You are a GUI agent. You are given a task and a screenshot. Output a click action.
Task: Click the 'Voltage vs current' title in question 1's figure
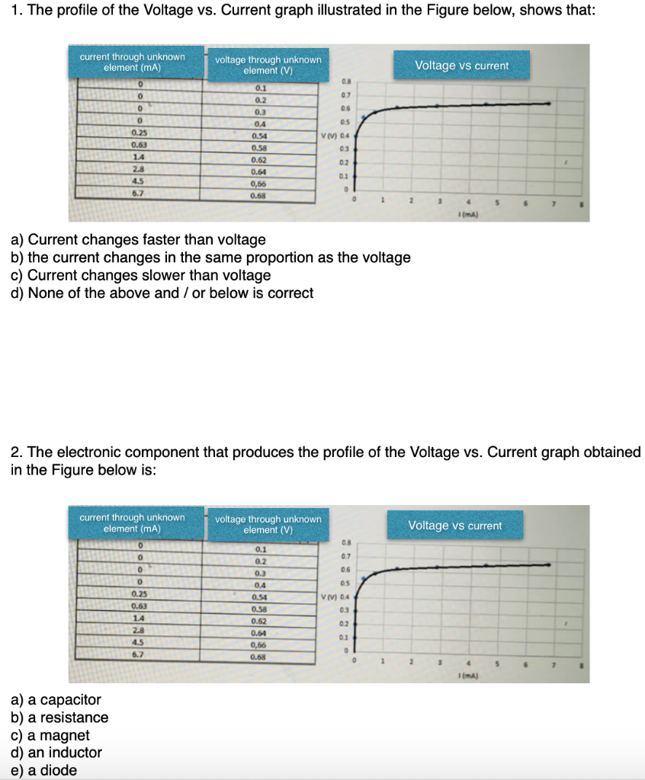(461, 66)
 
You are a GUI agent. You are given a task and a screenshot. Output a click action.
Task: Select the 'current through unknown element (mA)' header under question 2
(132, 523)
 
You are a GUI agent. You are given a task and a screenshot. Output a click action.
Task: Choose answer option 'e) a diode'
(43, 770)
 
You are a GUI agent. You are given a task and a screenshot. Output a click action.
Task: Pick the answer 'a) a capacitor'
(55, 699)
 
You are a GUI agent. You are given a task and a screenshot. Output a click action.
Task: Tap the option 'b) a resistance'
(59, 718)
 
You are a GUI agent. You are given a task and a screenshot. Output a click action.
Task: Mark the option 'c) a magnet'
(50, 735)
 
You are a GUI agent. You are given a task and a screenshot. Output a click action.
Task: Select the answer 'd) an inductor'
(56, 753)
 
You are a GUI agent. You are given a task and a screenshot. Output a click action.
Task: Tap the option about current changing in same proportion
(210, 257)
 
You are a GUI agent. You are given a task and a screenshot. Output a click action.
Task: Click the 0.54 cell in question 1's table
(260, 136)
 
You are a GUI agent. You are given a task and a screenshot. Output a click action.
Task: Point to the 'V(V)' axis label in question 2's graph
(329, 596)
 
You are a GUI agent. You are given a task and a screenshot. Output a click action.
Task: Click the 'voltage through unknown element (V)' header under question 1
(268, 65)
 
